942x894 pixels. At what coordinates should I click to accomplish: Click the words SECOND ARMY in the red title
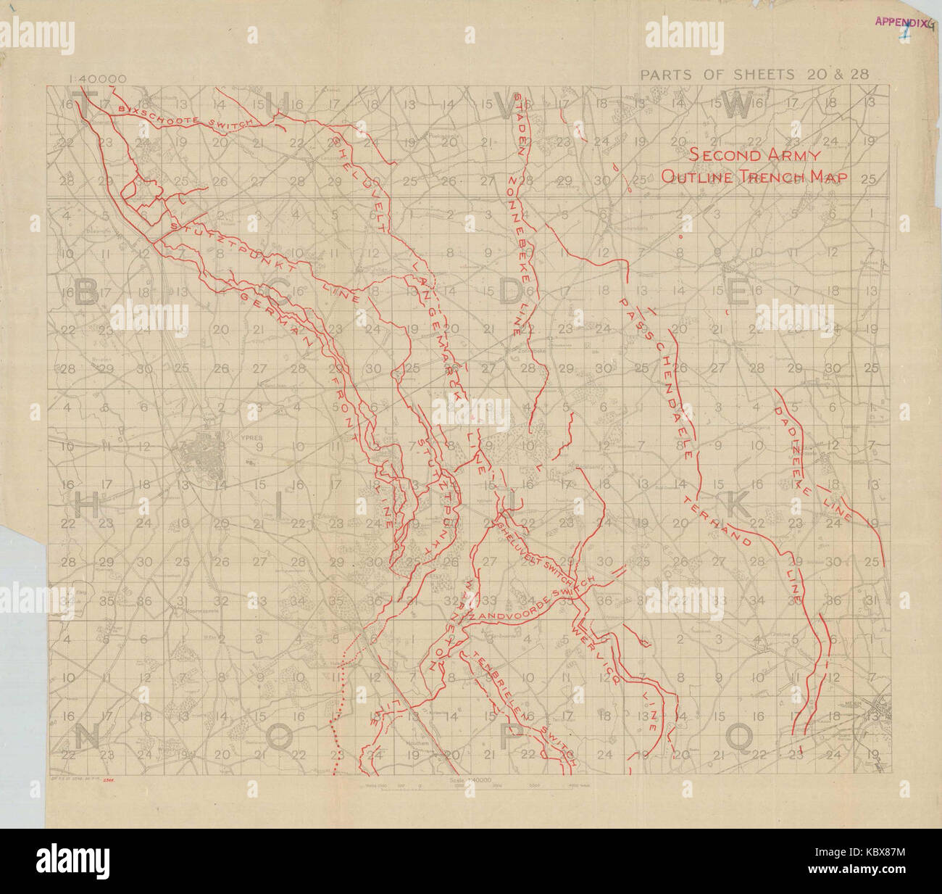tap(754, 154)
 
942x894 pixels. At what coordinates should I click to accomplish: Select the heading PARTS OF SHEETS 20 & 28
tap(754, 73)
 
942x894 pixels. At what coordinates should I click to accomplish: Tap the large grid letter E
tap(738, 292)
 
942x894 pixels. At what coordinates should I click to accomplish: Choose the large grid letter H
tap(86, 508)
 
